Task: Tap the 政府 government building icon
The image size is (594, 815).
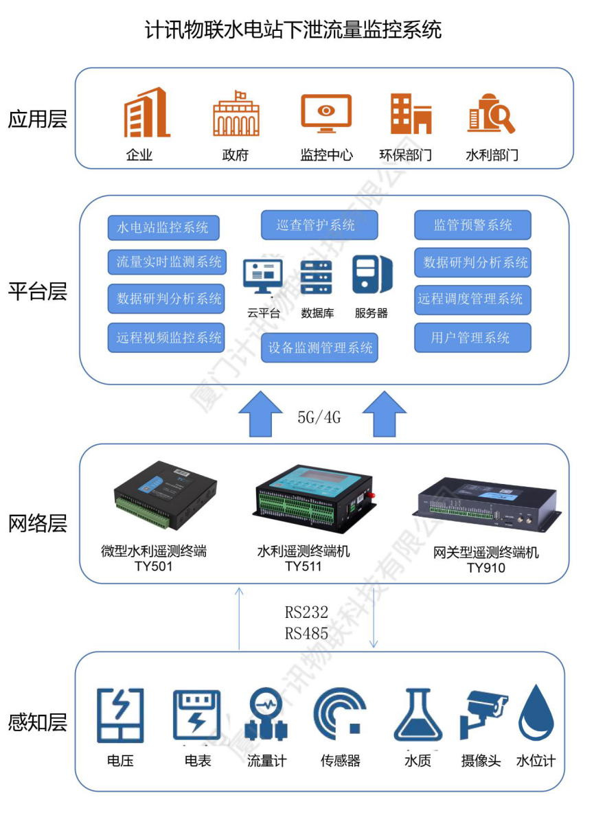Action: tap(236, 114)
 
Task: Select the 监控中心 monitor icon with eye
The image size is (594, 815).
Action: tap(326, 113)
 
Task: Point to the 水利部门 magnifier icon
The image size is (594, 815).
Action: tap(491, 113)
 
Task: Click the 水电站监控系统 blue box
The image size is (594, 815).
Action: tap(163, 227)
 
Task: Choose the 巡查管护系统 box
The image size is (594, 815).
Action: tap(319, 225)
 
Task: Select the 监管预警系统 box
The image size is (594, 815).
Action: tap(472, 225)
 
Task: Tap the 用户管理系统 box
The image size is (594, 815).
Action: tap(472, 337)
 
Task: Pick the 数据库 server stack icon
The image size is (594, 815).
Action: tap(317, 277)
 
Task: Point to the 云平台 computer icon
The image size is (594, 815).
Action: tap(263, 277)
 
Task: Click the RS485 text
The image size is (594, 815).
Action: tap(306, 634)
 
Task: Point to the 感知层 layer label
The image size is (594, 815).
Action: tap(38, 722)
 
